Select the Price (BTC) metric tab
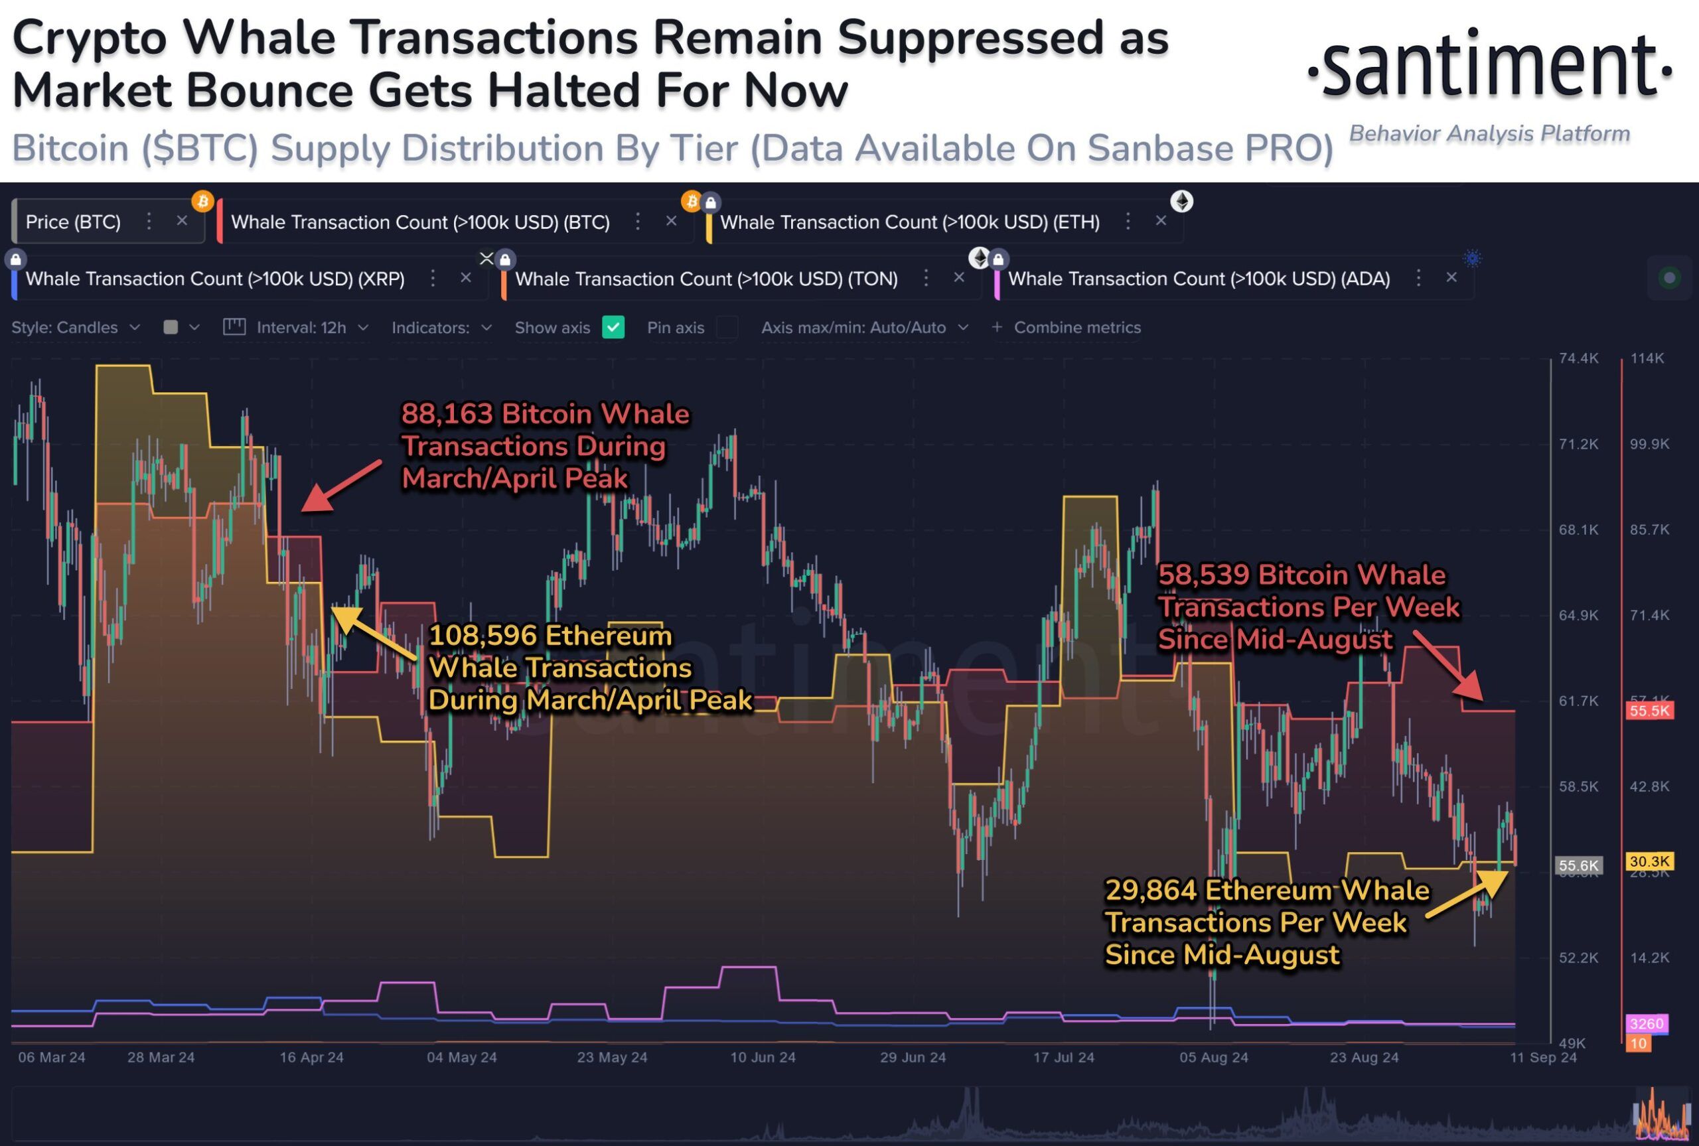click(x=73, y=222)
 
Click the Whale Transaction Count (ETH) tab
click(x=909, y=222)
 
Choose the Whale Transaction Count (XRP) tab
click(x=215, y=279)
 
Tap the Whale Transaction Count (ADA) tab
click(x=1199, y=279)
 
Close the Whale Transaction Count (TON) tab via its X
click(x=959, y=278)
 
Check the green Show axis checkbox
click(x=613, y=326)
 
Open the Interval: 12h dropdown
click(x=301, y=327)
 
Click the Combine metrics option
click(x=1076, y=327)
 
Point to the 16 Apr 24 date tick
click(x=311, y=1058)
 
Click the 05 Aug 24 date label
click(x=1213, y=1058)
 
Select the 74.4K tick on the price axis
click(x=1578, y=358)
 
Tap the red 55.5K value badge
click(x=1649, y=711)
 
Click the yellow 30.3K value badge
click(x=1649, y=861)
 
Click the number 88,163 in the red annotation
click(x=447, y=414)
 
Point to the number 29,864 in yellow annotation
click(x=1150, y=891)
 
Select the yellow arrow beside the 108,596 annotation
click(x=373, y=632)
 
